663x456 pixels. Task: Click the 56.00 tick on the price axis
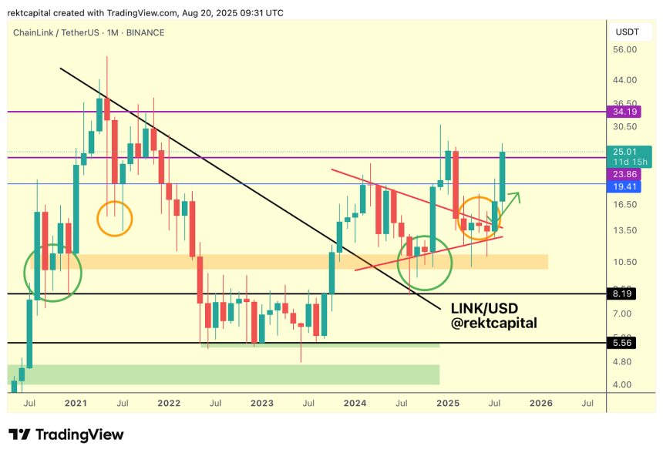pos(624,50)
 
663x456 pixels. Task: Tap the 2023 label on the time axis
pos(261,403)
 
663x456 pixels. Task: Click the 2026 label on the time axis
pos(540,403)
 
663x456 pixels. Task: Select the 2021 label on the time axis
pos(76,403)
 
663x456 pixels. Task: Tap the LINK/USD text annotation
pos(484,308)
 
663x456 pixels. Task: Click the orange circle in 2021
pos(115,219)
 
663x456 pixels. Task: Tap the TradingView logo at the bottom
pos(66,435)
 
